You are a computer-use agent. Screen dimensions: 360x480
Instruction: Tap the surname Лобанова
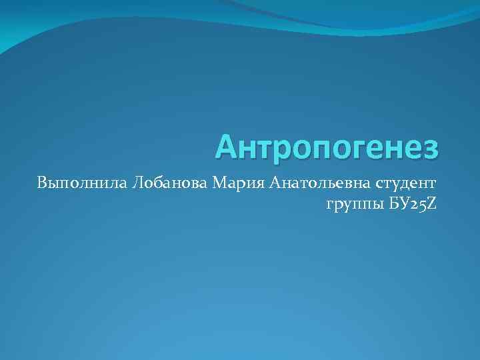coord(171,183)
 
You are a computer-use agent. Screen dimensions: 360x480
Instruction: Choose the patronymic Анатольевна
coord(317,183)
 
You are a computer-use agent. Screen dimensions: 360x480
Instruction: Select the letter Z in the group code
coord(431,203)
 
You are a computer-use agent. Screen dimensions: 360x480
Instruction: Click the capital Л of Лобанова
coord(139,183)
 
